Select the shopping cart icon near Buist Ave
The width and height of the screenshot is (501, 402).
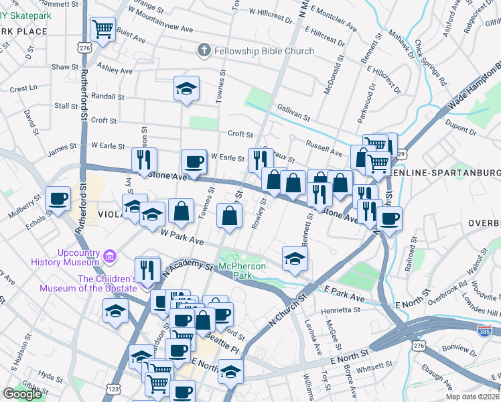coord(102,29)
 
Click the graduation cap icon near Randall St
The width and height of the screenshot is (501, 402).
coord(186,88)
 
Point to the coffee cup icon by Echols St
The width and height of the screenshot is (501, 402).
coord(58,198)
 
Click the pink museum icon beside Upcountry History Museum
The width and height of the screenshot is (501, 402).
coord(111,255)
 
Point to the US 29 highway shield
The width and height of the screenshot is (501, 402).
coord(401,154)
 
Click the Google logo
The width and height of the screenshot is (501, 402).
coord(22,394)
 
